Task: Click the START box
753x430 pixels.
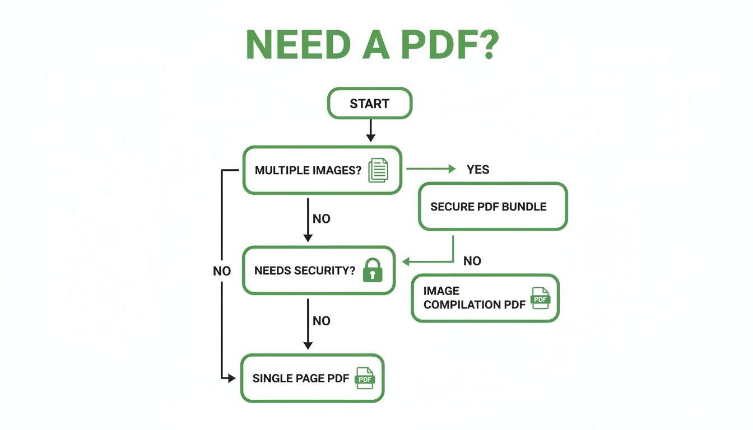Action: click(x=370, y=104)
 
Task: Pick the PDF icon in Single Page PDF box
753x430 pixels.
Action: click(x=365, y=378)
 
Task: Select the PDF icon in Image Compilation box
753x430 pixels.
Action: click(x=541, y=298)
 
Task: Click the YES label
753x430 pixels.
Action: click(x=478, y=170)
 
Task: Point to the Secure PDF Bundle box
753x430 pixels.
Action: click(x=493, y=206)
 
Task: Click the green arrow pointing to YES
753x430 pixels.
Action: click(x=431, y=169)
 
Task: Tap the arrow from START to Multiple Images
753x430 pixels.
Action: click(x=370, y=132)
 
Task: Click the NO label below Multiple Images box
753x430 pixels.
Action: click(x=322, y=219)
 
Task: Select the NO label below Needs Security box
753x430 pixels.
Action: click(x=322, y=321)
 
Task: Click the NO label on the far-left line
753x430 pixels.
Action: click(x=222, y=271)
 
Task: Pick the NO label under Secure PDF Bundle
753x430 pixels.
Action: click(x=472, y=261)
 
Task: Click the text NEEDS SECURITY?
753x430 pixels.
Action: click(x=305, y=270)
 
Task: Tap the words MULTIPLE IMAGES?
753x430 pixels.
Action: click(x=308, y=170)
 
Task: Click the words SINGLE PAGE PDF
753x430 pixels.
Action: click(x=301, y=378)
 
